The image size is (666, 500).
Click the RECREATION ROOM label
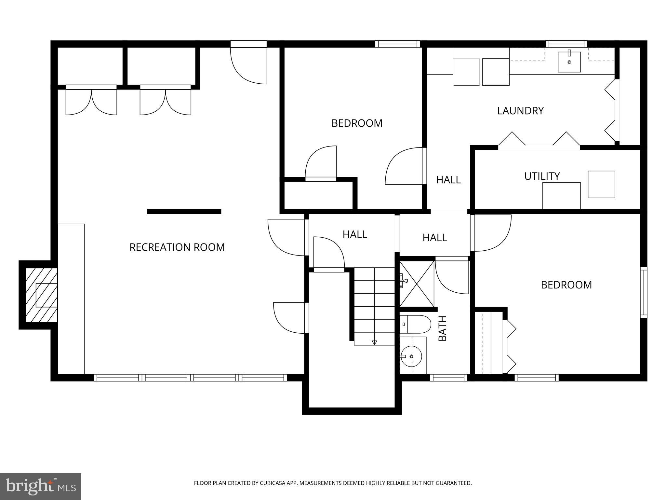point(177,247)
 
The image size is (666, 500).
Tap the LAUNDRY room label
point(520,111)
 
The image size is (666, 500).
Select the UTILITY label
point(542,176)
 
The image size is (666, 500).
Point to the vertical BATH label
point(443,328)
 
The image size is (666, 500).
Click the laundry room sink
point(569,62)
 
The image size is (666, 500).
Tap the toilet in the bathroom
point(415,324)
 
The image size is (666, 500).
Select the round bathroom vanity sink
point(411,356)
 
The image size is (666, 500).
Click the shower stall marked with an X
point(417,284)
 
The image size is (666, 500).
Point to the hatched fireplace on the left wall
point(41,295)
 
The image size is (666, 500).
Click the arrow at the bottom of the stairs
point(374,342)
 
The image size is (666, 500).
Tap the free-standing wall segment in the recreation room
point(184,212)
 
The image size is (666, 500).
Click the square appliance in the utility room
point(601,184)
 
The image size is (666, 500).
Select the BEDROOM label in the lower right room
point(566,285)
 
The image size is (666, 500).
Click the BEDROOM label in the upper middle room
point(357,123)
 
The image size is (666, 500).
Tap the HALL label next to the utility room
point(448,180)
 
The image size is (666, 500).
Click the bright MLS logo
point(40,486)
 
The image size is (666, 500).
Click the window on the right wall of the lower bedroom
point(644,292)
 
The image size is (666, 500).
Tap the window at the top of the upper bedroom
point(397,44)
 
